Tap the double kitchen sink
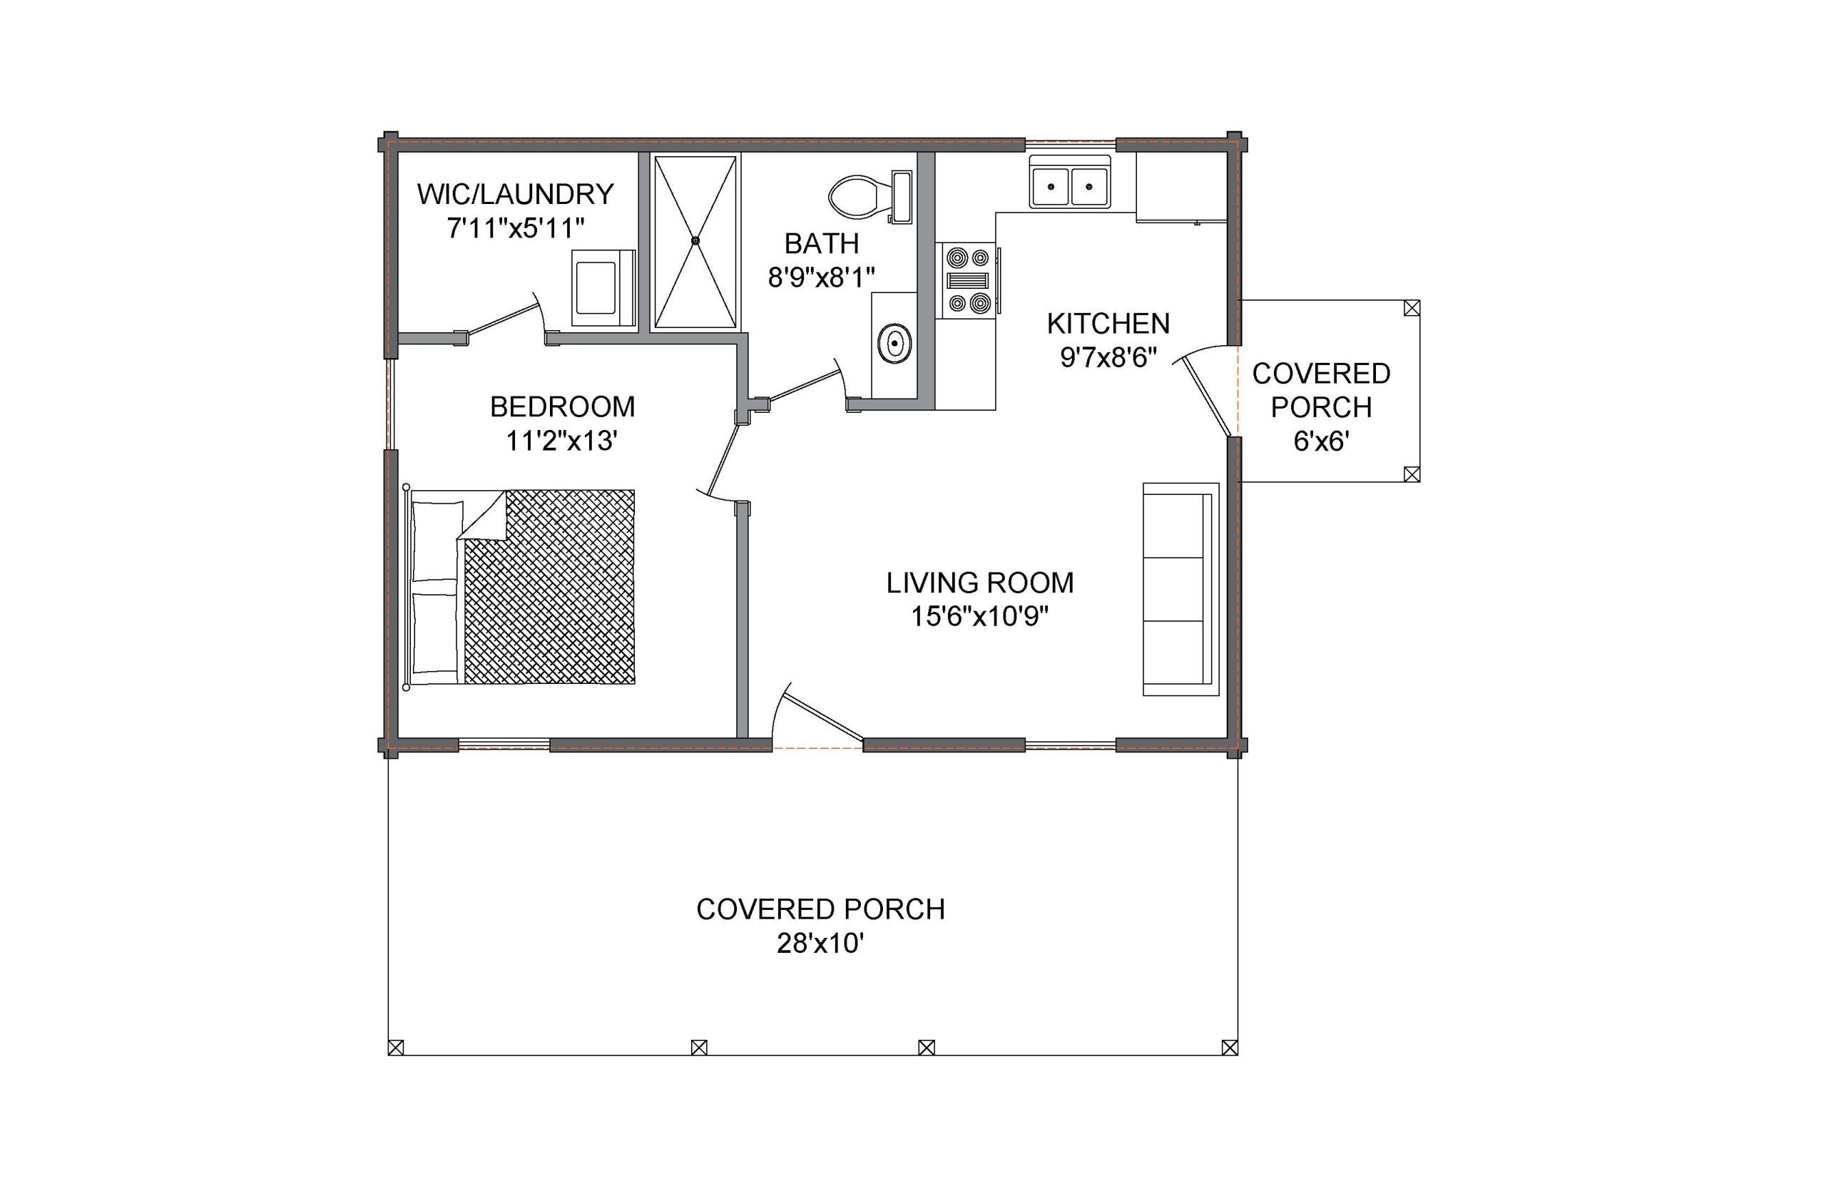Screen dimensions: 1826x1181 pyautogui.click(x=1069, y=182)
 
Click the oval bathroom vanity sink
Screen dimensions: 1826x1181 pyautogui.click(x=894, y=344)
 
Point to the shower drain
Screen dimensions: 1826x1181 pyautogui.click(x=695, y=241)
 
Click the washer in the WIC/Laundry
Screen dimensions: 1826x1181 pyautogui.click(x=603, y=287)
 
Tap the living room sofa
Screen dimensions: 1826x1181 pyautogui.click(x=1180, y=589)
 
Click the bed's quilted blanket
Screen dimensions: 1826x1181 pyautogui.click(x=549, y=587)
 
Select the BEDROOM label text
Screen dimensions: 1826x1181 pyautogui.click(x=562, y=407)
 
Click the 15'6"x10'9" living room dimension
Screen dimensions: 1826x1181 pyautogui.click(x=979, y=615)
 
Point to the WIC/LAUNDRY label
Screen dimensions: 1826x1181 pyautogui.click(x=516, y=194)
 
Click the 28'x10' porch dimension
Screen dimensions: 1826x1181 pyautogui.click(x=820, y=944)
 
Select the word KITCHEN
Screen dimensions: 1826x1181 pyautogui.click(x=1108, y=324)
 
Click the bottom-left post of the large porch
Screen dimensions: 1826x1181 pyautogui.click(x=396, y=1047)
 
